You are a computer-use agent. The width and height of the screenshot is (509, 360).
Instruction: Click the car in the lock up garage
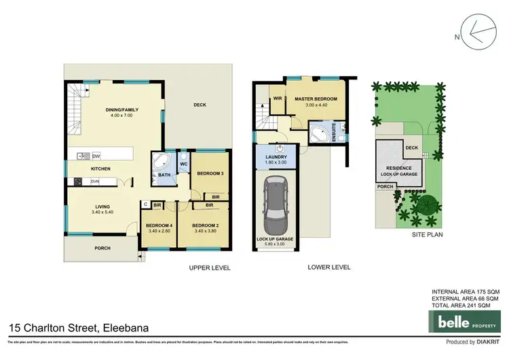[x=276, y=204]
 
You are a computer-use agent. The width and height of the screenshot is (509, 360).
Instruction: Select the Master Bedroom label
[x=316, y=99]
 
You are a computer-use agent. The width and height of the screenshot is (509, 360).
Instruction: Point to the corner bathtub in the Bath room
[x=162, y=163]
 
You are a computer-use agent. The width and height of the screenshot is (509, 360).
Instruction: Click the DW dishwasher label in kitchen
[x=96, y=155]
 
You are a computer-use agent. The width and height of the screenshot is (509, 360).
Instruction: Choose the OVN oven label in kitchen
[x=95, y=181]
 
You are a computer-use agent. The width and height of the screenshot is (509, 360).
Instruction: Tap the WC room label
[x=183, y=164]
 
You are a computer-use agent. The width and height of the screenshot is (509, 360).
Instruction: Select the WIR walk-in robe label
[x=278, y=98]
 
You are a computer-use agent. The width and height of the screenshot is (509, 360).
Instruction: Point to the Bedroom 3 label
[x=210, y=174]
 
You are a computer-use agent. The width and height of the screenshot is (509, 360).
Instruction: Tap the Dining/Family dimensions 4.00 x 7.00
[x=113, y=115]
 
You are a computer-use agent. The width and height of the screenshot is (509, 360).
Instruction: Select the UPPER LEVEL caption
[x=210, y=268]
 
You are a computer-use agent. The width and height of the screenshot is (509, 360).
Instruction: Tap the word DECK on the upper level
[x=199, y=105]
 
